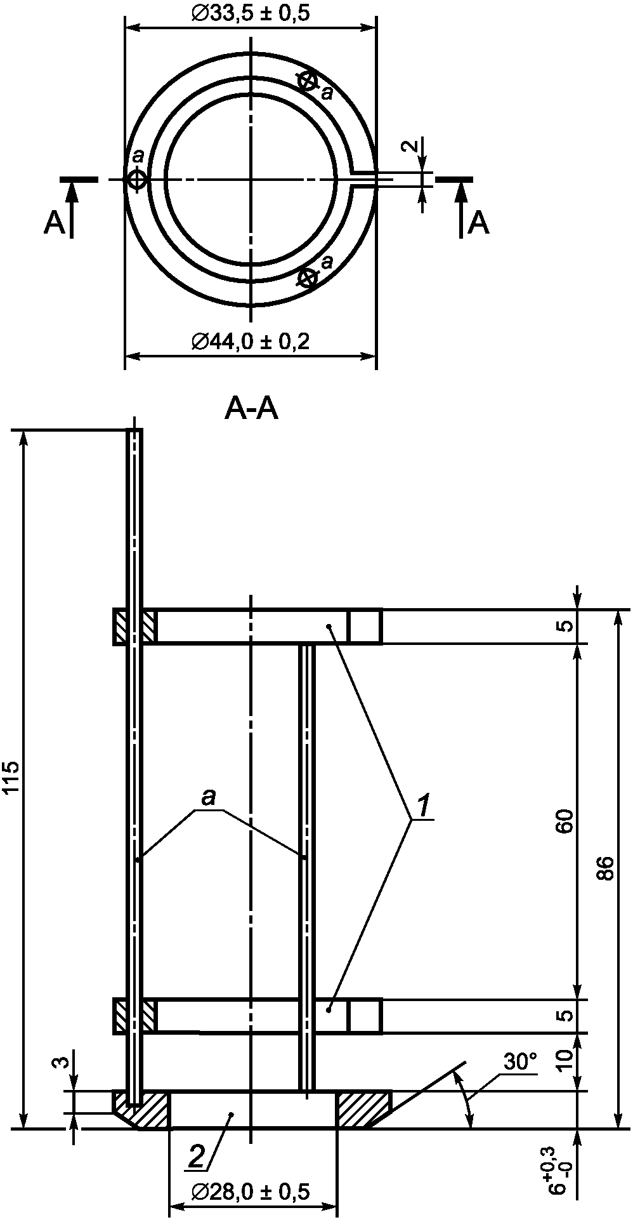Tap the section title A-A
[x=251, y=410]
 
